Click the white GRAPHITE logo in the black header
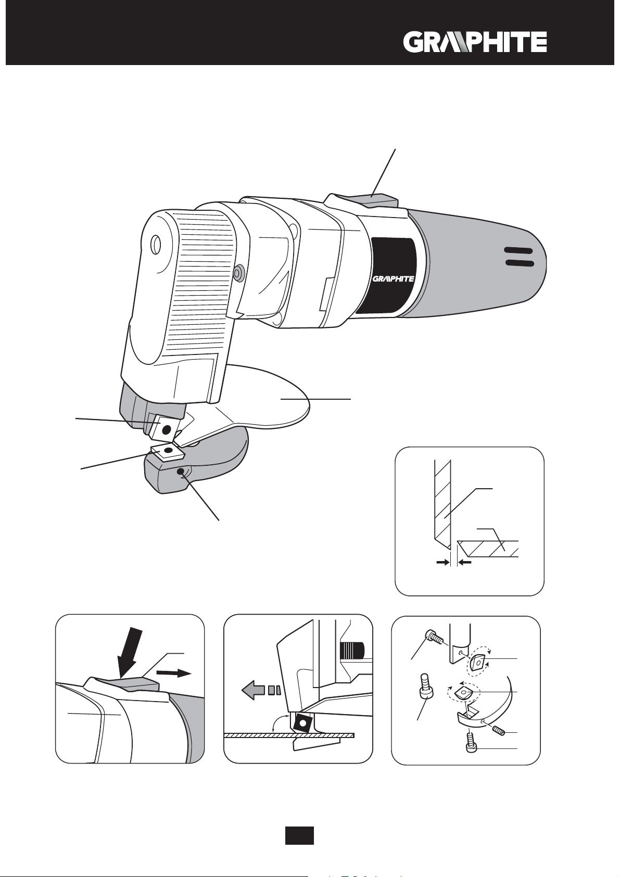click(475, 42)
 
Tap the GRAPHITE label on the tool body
click(393, 278)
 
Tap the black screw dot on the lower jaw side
click(181, 472)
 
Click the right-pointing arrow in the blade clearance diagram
click(443, 563)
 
